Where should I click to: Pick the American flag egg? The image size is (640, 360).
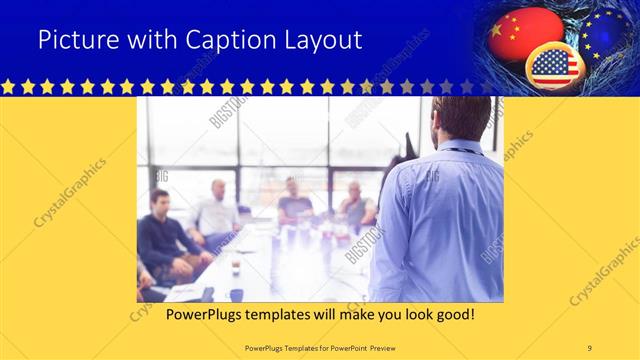click(554, 66)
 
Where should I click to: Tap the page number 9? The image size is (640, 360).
click(590, 348)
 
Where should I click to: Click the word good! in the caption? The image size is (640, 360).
click(456, 315)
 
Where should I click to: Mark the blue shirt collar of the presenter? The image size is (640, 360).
click(461, 148)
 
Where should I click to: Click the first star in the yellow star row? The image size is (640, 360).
click(8, 87)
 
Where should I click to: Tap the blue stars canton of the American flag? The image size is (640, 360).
click(544, 61)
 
